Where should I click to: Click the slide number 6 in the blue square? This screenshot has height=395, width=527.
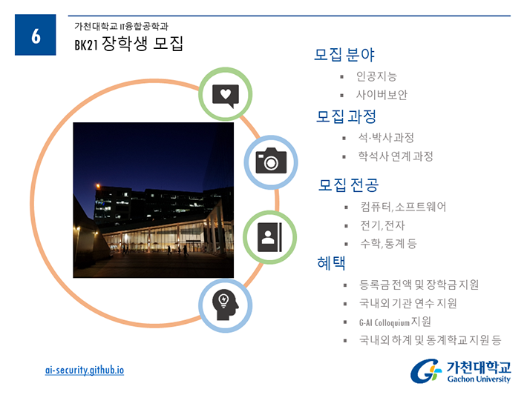pyautogui.click(x=36, y=36)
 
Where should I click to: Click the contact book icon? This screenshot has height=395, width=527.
pyautogui.click(x=269, y=237)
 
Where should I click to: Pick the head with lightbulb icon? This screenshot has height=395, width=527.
pyautogui.click(x=225, y=305)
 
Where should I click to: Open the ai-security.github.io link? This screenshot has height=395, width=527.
pyautogui.click(x=85, y=370)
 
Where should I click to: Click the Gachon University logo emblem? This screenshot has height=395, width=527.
pyautogui.click(x=425, y=371)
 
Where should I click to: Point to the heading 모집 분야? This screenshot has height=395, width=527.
pyautogui.click(x=344, y=55)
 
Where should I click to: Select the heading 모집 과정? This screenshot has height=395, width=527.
pyautogui.click(x=346, y=116)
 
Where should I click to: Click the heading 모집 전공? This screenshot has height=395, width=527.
pyautogui.click(x=348, y=185)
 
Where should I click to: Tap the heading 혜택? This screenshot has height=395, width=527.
pyautogui.click(x=331, y=263)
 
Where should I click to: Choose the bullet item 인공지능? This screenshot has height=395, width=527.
pyautogui.click(x=376, y=76)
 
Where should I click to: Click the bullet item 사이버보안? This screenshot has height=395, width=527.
pyautogui.click(x=382, y=95)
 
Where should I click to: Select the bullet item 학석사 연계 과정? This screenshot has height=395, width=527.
pyautogui.click(x=396, y=156)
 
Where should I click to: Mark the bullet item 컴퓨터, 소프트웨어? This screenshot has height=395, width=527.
pyautogui.click(x=403, y=207)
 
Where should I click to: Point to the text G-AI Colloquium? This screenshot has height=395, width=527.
pyautogui.click(x=384, y=323)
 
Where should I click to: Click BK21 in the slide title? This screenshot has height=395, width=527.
pyautogui.click(x=86, y=45)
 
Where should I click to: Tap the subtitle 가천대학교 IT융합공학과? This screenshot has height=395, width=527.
pyautogui.click(x=121, y=26)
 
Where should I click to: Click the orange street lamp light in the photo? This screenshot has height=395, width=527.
pyautogui.click(x=98, y=185)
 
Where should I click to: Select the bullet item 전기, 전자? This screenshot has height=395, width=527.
pyautogui.click(x=382, y=225)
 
